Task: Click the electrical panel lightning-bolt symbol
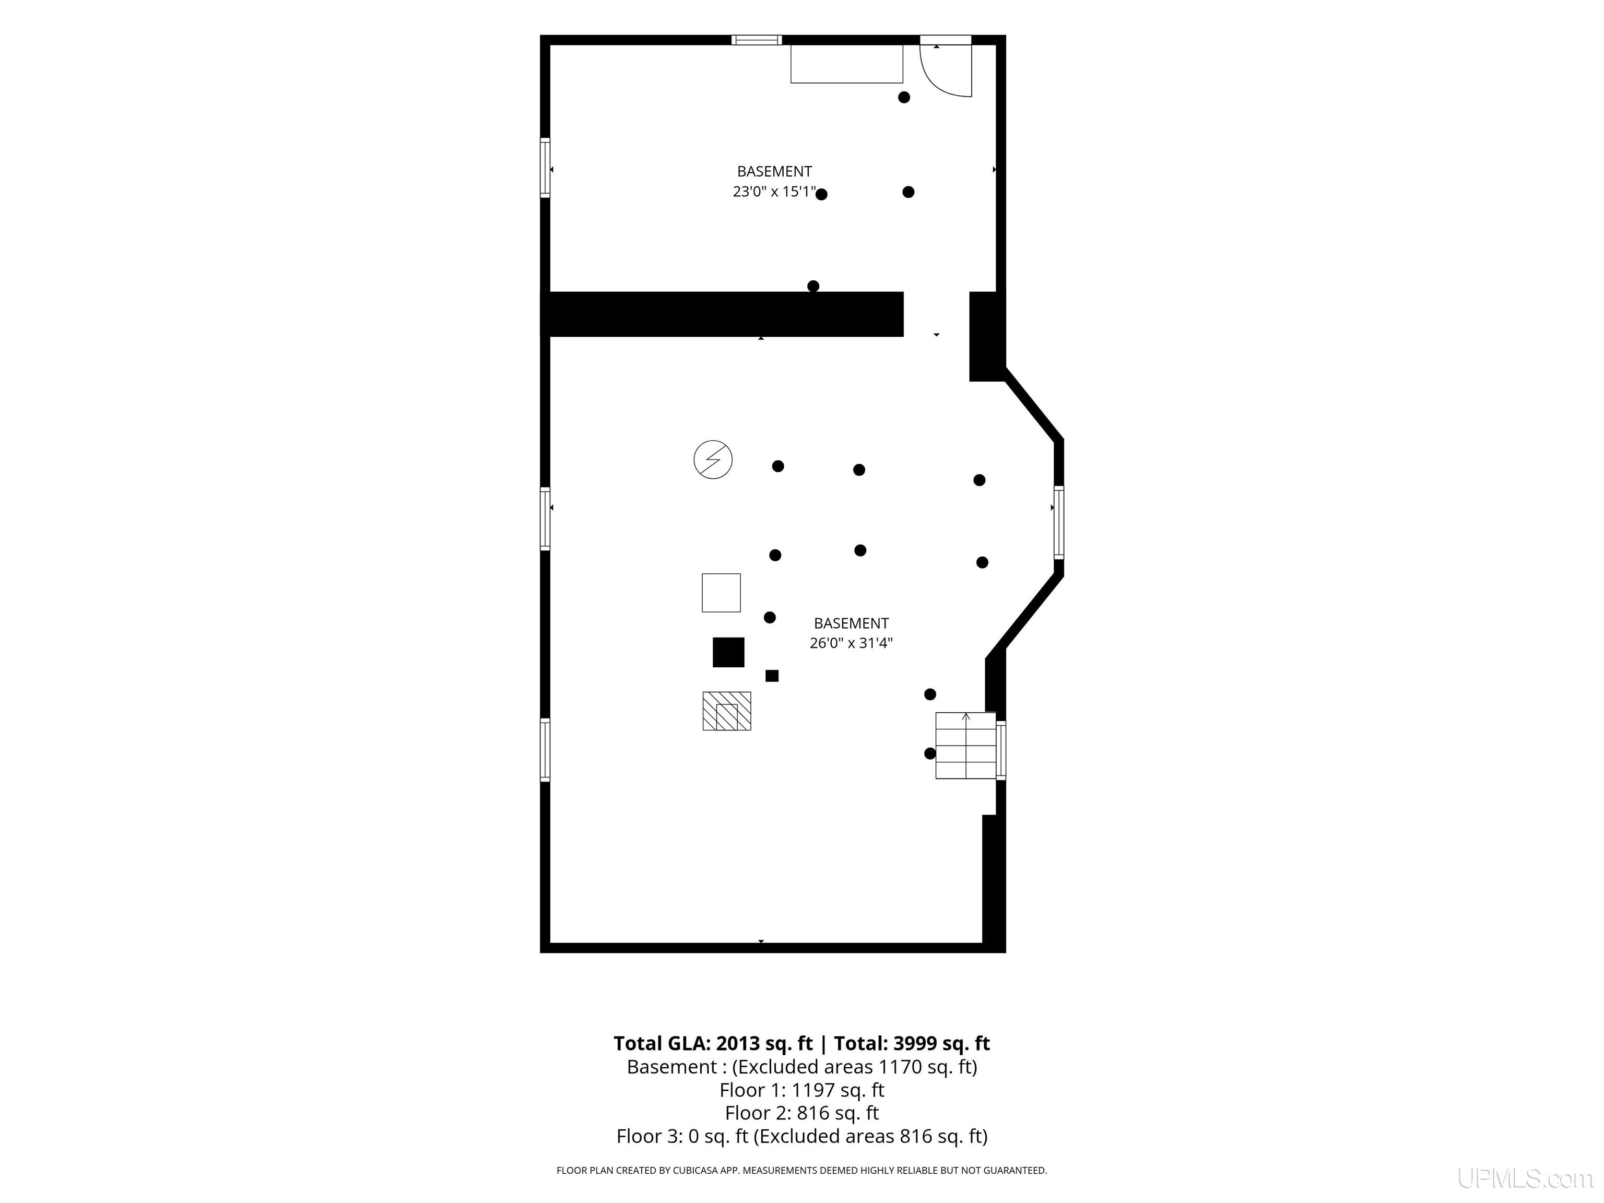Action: click(713, 459)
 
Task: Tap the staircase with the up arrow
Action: click(965, 746)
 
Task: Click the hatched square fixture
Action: click(727, 711)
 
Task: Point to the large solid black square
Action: click(728, 652)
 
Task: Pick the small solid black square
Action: click(772, 676)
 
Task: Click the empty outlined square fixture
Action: click(721, 593)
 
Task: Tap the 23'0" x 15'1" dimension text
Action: click(774, 192)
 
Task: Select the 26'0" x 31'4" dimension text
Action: click(851, 642)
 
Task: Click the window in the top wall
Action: click(757, 40)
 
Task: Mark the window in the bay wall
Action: click(1059, 522)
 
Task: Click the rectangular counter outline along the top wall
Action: click(846, 64)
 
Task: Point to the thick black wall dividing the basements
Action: click(722, 314)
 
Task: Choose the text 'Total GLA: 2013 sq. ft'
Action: click(713, 1043)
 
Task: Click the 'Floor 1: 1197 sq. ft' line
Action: click(802, 1090)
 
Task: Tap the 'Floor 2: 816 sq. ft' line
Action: click(802, 1112)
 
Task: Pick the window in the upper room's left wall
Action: click(545, 168)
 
